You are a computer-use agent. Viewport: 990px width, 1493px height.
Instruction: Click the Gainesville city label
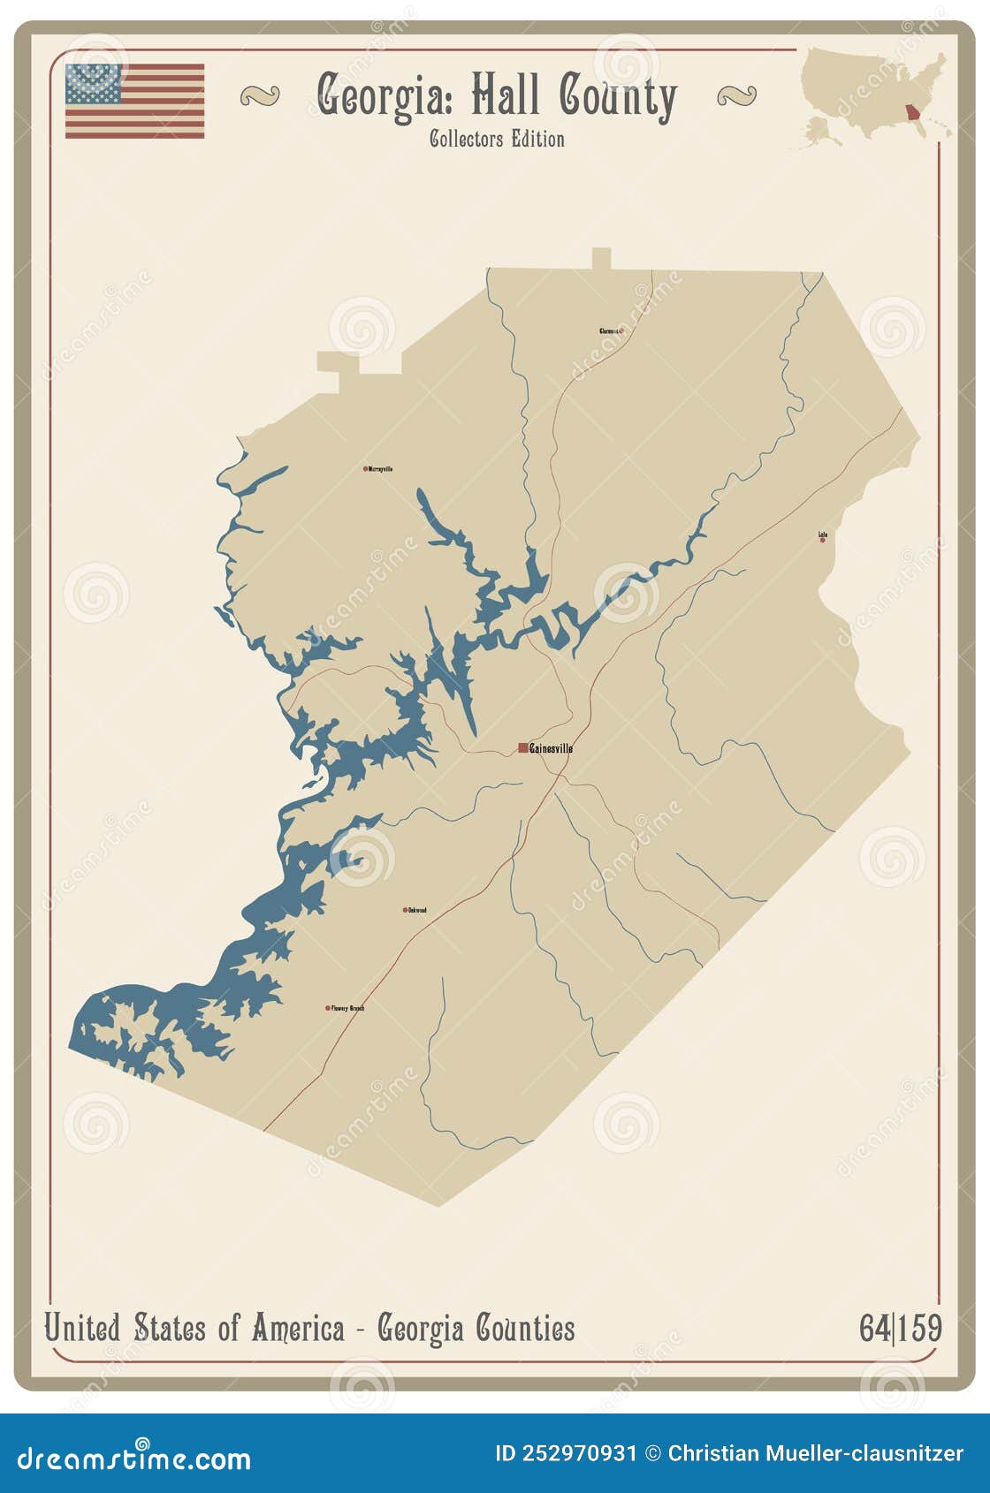pyautogui.click(x=551, y=748)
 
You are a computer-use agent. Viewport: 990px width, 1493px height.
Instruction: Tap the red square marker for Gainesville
pyautogui.click(x=523, y=748)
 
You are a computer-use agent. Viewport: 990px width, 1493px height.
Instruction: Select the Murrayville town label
pyautogui.click(x=380, y=469)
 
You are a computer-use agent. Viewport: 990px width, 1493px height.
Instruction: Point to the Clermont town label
pyautogui.click(x=609, y=331)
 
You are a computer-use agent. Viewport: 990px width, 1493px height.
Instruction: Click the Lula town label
pyautogui.click(x=823, y=534)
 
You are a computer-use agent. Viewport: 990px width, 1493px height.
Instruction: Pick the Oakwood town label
pyautogui.click(x=417, y=910)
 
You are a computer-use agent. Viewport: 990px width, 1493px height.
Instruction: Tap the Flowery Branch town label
pyautogui.click(x=347, y=1008)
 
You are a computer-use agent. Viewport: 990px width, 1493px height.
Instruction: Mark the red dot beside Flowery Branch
pyautogui.click(x=328, y=1008)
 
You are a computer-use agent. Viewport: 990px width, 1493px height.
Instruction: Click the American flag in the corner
pyautogui.click(x=134, y=101)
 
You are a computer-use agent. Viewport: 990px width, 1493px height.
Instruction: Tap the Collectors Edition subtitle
pyautogui.click(x=497, y=140)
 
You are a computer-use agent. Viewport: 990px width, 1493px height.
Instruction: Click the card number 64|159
pyautogui.click(x=900, y=1328)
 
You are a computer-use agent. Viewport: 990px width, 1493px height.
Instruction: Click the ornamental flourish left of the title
pyautogui.click(x=259, y=95)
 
